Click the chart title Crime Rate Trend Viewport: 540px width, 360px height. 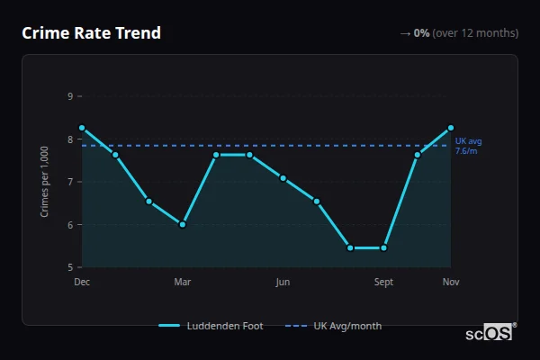pos(91,33)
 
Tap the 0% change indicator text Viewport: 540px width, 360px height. pos(421,33)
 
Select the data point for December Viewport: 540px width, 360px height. pos(82,128)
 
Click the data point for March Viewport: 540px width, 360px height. pos(183,224)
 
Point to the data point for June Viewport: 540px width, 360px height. pos(283,178)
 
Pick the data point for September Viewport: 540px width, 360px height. pos(383,247)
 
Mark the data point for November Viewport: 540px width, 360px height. pos(450,128)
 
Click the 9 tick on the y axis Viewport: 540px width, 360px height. pos(70,96)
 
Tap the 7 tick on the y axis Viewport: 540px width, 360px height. pos(70,182)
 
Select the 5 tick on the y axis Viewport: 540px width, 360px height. pos(70,267)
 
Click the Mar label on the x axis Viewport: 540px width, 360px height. pos(183,283)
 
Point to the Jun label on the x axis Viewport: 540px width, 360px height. pos(283,283)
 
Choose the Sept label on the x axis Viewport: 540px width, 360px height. pos(383,283)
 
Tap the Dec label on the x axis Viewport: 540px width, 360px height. pos(82,283)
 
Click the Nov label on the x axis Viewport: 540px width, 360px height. pos(450,283)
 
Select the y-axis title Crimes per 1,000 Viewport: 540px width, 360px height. pos(45,181)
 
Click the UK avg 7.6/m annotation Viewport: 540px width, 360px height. pos(468,146)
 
